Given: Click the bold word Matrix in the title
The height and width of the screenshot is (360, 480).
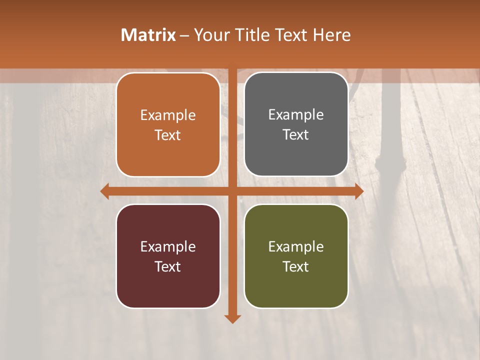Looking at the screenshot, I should pos(148,35).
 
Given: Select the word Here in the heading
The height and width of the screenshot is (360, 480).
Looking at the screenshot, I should pos(332,35).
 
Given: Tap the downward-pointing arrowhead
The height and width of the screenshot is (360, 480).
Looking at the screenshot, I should pos(232,318).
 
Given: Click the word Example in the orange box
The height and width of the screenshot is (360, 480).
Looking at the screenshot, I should pos(168,115).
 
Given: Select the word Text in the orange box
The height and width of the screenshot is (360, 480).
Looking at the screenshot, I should pos(168,135).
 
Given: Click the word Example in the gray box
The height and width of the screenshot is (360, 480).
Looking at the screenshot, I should pos(296,115).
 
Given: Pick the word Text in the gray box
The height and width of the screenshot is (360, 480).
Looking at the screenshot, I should pos(296,134).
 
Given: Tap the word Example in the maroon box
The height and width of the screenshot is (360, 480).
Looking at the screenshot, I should pos(168,247).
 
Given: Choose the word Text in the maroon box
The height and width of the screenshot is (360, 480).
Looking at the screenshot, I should pos(168,266).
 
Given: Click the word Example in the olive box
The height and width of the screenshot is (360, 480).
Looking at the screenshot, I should pos(296,247).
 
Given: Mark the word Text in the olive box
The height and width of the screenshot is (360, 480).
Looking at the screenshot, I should pos(296,266).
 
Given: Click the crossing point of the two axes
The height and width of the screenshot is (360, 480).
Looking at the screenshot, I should pos(232,191).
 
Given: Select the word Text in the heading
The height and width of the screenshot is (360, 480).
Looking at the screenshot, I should pos(290,35).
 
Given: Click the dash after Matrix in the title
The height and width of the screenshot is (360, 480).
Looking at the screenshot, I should pos(185,35).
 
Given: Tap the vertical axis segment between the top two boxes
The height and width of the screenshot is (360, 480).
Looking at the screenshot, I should pos(232,125).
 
